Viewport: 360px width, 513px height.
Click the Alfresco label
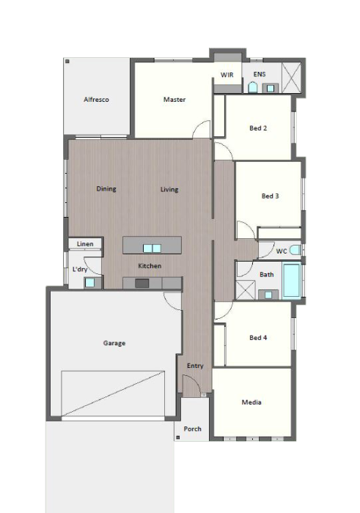click(x=96, y=100)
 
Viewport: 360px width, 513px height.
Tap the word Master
click(x=175, y=100)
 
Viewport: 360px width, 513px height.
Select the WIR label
click(x=227, y=75)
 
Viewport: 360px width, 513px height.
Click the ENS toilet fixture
click(x=252, y=87)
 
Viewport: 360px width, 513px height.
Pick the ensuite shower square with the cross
click(x=291, y=78)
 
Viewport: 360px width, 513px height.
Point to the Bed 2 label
click(x=258, y=128)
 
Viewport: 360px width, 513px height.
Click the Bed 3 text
click(x=270, y=196)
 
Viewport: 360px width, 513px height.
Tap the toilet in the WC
click(x=295, y=250)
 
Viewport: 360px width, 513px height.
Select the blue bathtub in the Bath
click(x=291, y=281)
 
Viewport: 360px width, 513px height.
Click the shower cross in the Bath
click(x=245, y=290)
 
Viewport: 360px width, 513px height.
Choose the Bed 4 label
click(x=258, y=337)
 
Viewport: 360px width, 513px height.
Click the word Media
click(x=251, y=402)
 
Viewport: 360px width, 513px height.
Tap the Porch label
click(x=192, y=429)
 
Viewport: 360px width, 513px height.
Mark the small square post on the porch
click(x=178, y=437)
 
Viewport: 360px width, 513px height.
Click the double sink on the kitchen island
click(x=152, y=248)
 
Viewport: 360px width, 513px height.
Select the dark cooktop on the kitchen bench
click(x=142, y=284)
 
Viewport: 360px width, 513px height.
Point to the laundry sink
click(x=89, y=283)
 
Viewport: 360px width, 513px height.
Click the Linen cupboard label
click(x=85, y=244)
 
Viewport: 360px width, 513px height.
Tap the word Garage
click(x=114, y=343)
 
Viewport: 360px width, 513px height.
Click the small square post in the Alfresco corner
click(x=67, y=61)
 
